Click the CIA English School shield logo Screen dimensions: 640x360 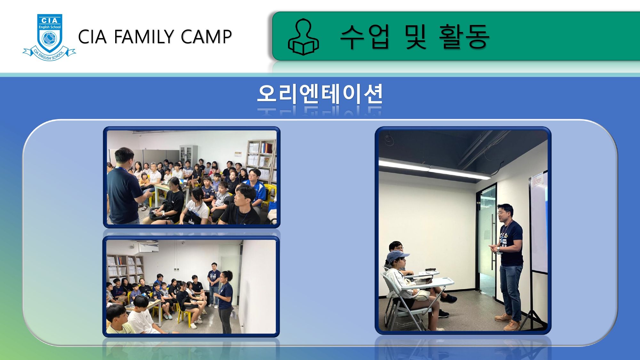[x=49, y=37]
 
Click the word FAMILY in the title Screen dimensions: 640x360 [x=144, y=36]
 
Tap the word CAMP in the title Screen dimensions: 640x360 [x=206, y=36]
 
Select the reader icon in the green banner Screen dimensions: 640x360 [x=303, y=37]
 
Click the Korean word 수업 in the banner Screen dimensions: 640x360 [x=364, y=36]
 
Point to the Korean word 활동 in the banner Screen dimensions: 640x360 [x=464, y=36]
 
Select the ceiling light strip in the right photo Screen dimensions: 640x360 [x=434, y=170]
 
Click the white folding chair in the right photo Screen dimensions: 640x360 [x=410, y=301]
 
